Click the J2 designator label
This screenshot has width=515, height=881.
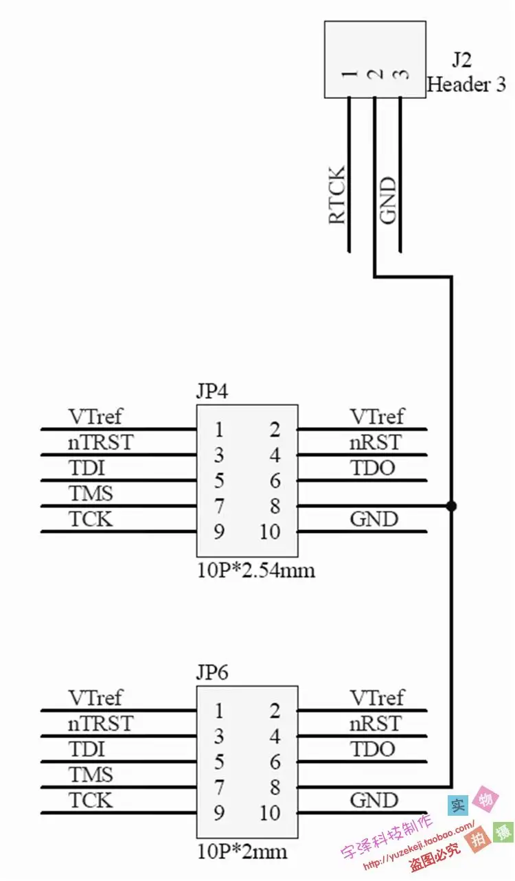[x=461, y=60]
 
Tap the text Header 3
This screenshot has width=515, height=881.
[x=467, y=84]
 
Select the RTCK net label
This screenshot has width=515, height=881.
[x=336, y=195]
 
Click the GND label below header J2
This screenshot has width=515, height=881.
[x=387, y=201]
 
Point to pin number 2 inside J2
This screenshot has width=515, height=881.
[x=376, y=74]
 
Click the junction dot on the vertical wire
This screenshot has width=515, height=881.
[x=452, y=506]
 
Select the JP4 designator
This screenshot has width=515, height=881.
[x=212, y=391]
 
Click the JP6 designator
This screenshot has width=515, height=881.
[x=212, y=673]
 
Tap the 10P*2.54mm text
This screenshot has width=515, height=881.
[x=256, y=571]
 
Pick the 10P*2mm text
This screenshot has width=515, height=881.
[x=242, y=852]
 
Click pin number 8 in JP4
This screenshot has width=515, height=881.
[x=275, y=506]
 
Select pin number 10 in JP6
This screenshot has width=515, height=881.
[x=270, y=813]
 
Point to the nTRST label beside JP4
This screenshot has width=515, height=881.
[x=101, y=442]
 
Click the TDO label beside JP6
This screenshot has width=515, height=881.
[x=373, y=749]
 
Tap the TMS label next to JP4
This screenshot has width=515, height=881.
[x=91, y=493]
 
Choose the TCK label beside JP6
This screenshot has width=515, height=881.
[x=91, y=801]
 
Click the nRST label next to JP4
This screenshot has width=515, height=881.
[x=376, y=442]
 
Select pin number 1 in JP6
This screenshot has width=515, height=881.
[x=219, y=711]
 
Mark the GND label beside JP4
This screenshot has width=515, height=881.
[x=374, y=519]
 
